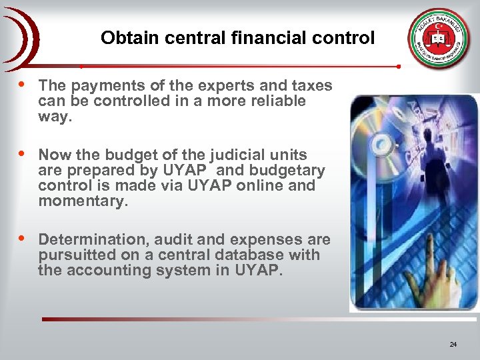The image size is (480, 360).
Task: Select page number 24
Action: coord(453,345)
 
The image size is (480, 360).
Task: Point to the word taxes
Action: coord(312,85)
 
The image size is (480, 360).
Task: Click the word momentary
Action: coord(83,201)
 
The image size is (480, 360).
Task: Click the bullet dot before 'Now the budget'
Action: coord(24,154)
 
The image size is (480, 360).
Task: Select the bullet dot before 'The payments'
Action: coord(24,85)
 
